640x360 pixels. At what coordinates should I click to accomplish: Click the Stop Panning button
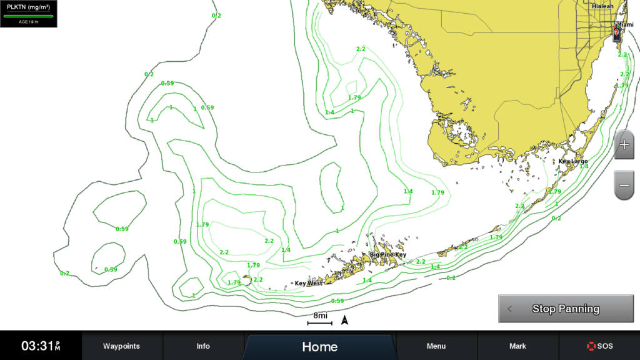pyautogui.click(x=565, y=309)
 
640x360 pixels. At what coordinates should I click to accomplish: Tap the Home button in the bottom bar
pyautogui.click(x=319, y=347)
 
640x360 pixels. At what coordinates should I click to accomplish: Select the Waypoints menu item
pyautogui.click(x=121, y=346)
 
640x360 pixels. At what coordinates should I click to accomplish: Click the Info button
pyautogui.click(x=203, y=346)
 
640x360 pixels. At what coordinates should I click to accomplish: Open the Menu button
pyautogui.click(x=436, y=346)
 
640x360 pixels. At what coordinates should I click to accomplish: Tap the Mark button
pyautogui.click(x=517, y=346)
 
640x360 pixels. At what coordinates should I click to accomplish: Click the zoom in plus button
pyautogui.click(x=624, y=145)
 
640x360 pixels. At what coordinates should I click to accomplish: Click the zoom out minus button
pyautogui.click(x=624, y=185)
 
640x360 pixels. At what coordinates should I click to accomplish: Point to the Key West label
pyautogui.click(x=308, y=283)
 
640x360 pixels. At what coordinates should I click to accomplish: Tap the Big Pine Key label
pyautogui.click(x=387, y=255)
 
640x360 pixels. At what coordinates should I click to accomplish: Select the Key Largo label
pyautogui.click(x=572, y=161)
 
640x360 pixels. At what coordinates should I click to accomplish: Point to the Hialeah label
pyautogui.click(x=602, y=6)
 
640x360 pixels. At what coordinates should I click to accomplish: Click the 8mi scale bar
pyautogui.click(x=320, y=319)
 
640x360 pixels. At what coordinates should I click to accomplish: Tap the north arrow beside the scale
pyautogui.click(x=344, y=321)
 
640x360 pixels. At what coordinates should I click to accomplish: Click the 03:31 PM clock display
pyautogui.click(x=41, y=346)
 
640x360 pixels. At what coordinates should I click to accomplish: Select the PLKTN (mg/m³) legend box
pyautogui.click(x=29, y=13)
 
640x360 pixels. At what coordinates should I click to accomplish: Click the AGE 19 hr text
pyautogui.click(x=29, y=21)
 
